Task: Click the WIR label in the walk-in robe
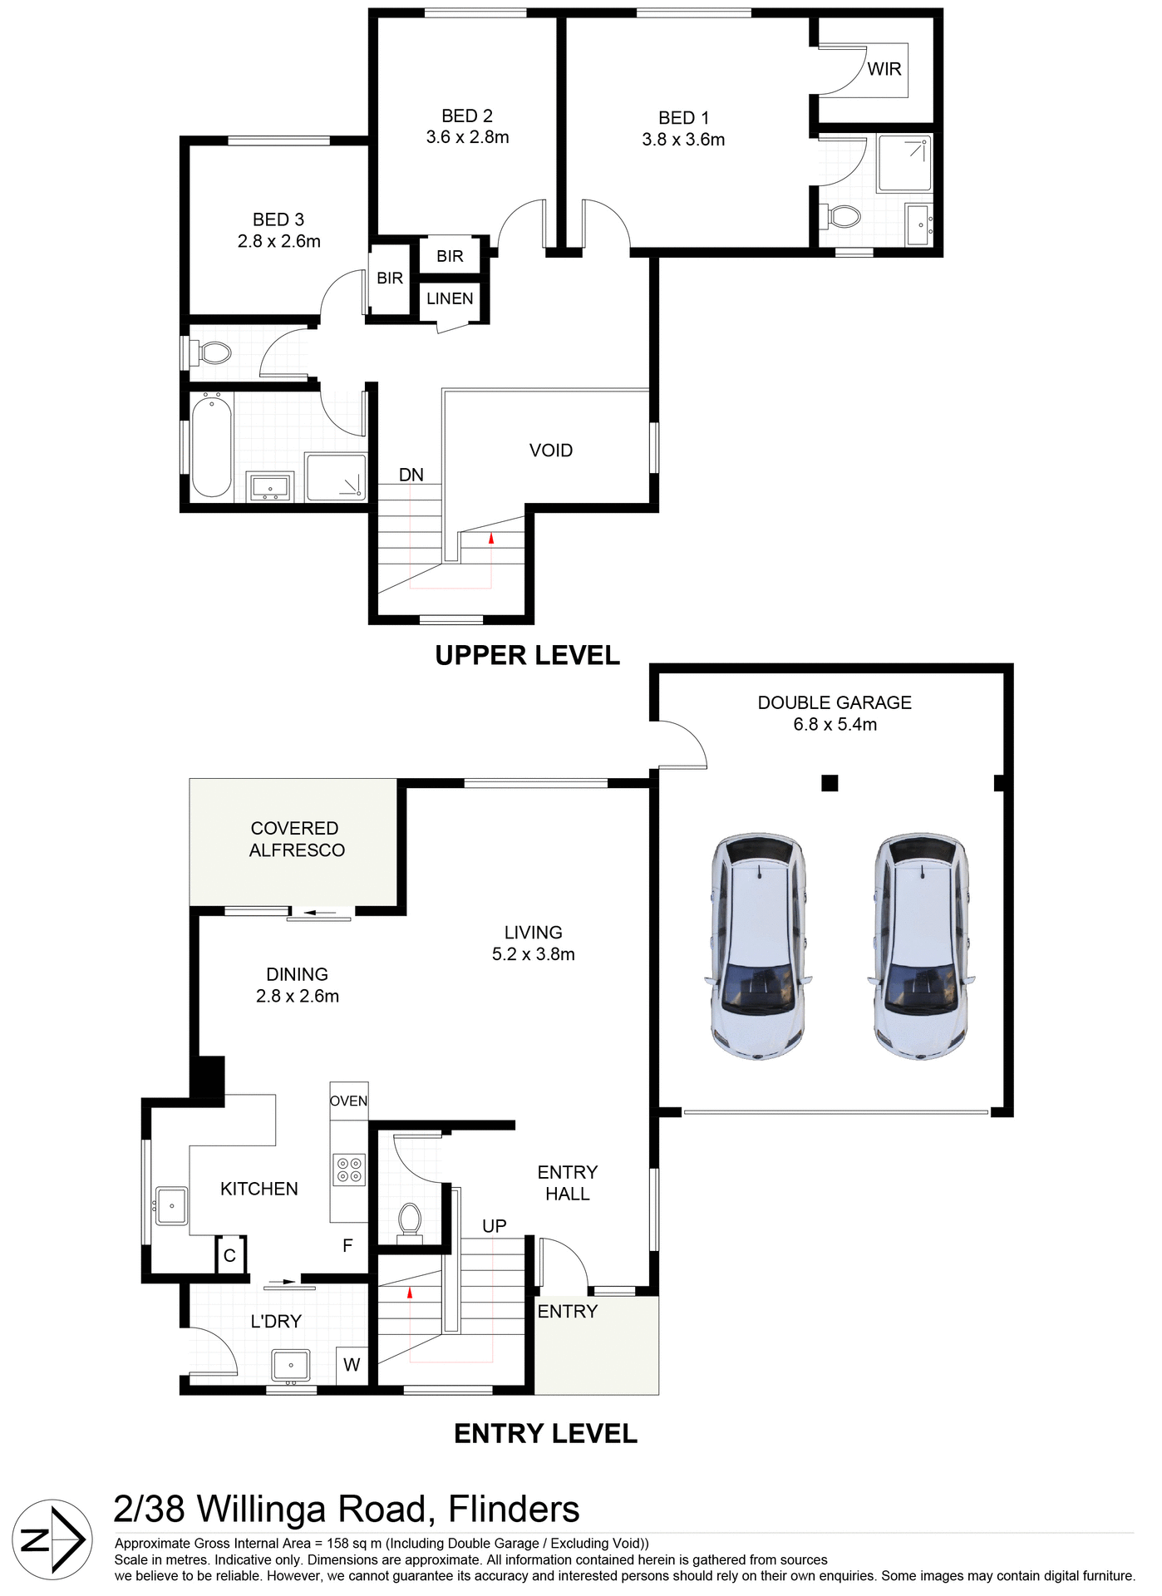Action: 884,69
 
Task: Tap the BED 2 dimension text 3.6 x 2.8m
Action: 467,138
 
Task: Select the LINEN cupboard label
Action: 450,299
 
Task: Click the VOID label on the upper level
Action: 550,451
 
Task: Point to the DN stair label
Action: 411,475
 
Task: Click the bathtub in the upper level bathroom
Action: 211,447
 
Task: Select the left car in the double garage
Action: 759,946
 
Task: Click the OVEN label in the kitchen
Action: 348,1101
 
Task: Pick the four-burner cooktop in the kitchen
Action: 348,1170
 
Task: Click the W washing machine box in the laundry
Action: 352,1365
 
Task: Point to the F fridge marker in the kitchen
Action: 347,1245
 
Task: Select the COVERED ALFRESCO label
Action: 296,840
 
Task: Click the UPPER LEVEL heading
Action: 527,656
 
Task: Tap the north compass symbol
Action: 52,1540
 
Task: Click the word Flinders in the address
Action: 513,1509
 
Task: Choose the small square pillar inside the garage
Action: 829,783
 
